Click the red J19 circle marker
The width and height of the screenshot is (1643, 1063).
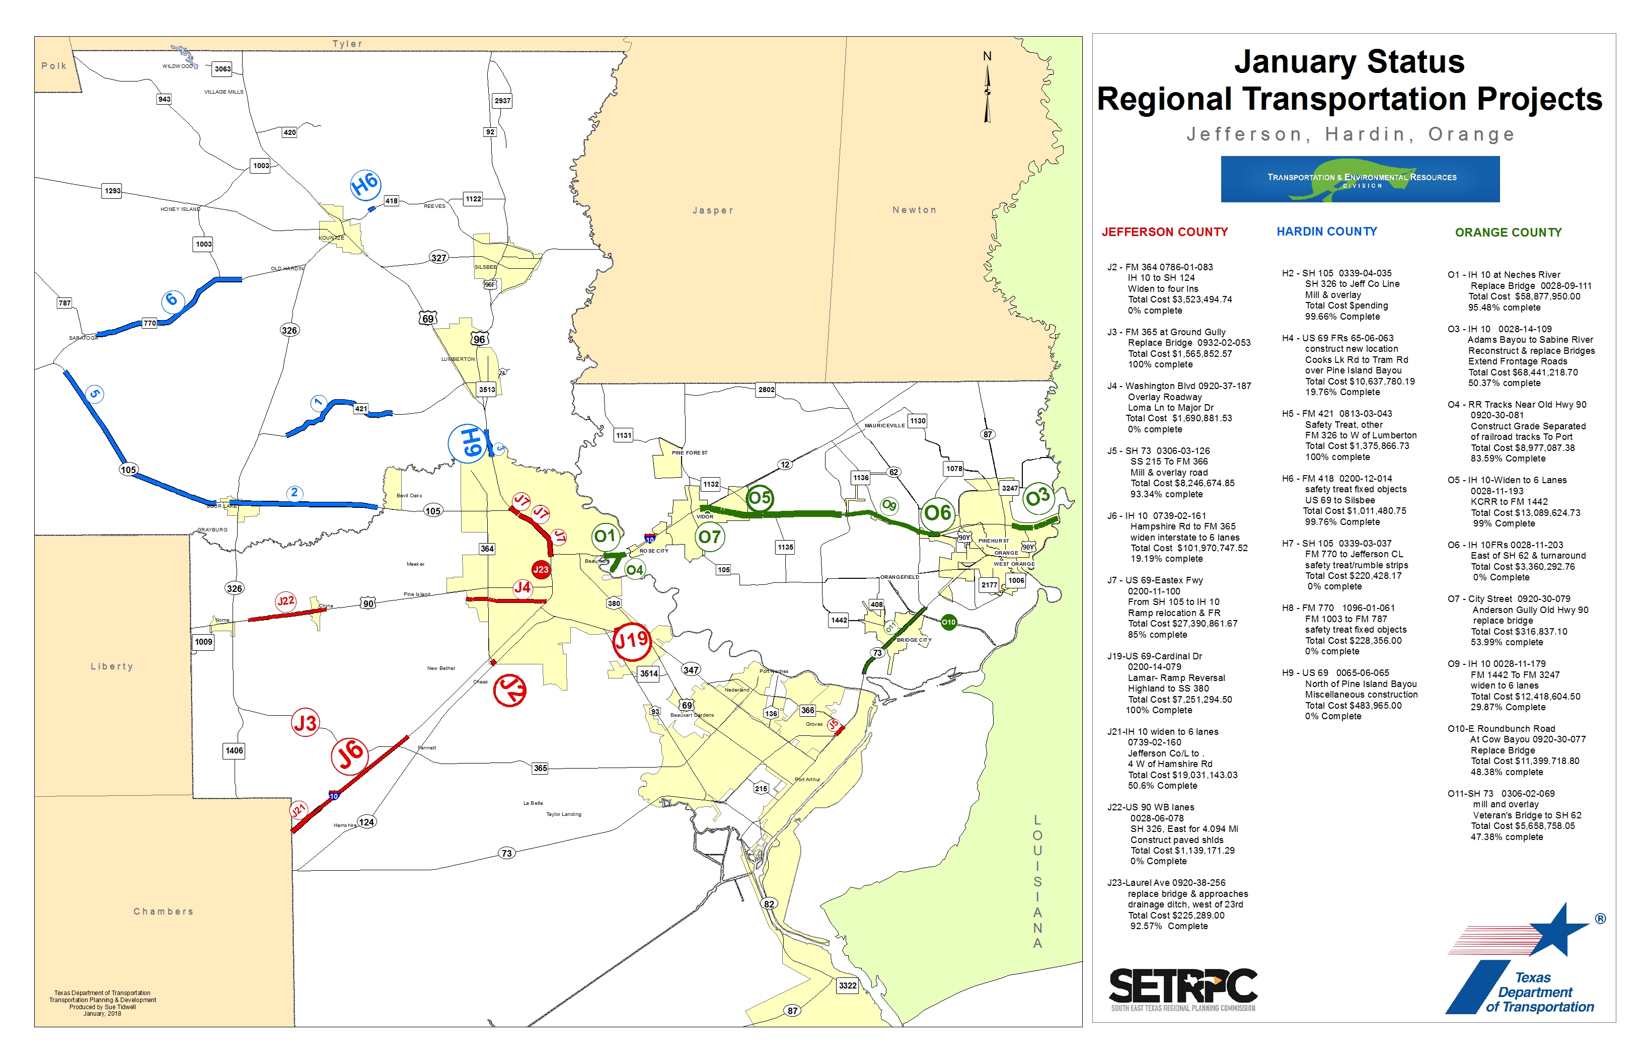coord(632,641)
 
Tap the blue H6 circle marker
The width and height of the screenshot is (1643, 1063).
coord(365,184)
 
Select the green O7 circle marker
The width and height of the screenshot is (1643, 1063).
coord(710,537)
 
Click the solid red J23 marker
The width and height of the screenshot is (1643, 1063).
coord(541,569)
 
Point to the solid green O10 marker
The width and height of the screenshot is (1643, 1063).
coord(948,622)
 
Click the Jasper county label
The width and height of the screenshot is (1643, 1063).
coord(712,210)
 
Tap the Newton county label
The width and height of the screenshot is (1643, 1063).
coord(914,210)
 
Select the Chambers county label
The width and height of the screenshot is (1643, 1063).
coord(164,911)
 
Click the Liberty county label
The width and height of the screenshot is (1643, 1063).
coord(112,666)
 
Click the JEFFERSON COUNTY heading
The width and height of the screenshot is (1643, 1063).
coord(1165,232)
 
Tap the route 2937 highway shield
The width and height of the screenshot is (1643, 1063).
coord(502,101)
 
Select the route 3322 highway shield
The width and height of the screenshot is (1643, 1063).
coord(848,985)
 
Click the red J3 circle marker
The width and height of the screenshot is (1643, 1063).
coord(305,723)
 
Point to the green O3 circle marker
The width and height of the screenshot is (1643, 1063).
coord(1037,497)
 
